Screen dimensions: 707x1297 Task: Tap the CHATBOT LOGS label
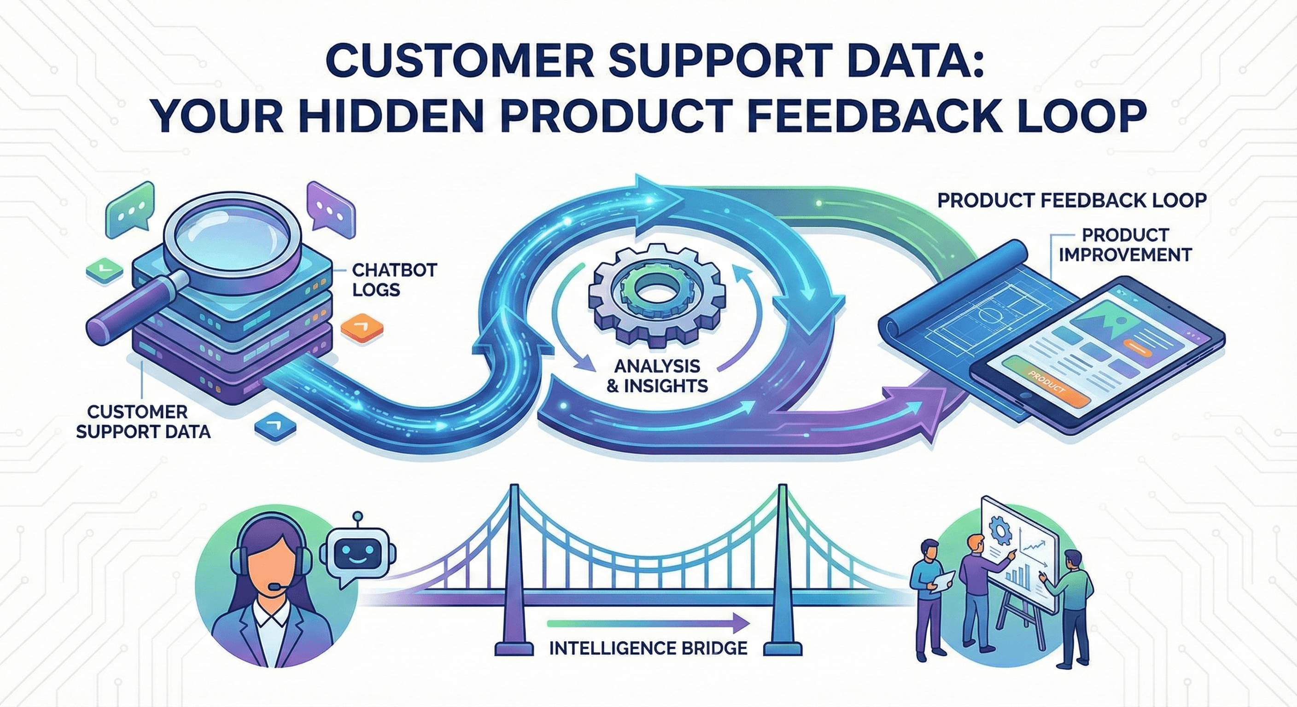pyautogui.click(x=394, y=280)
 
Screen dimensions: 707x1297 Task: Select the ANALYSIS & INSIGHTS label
pyautogui.click(x=657, y=376)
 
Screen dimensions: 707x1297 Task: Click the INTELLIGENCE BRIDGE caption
pyautogui.click(x=648, y=648)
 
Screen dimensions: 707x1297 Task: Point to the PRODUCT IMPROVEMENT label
pyautogui.click(x=1125, y=244)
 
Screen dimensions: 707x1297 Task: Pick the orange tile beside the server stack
pyautogui.click(x=362, y=328)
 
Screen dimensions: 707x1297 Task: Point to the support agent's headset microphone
pyautogui.click(x=276, y=587)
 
